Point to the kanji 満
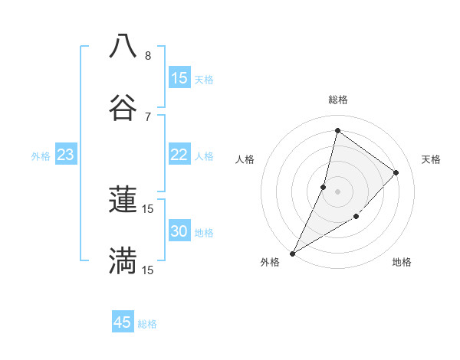123,260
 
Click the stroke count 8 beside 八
148,56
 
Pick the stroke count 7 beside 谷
148,116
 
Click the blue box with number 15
179,78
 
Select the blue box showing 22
179,155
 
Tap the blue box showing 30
179,231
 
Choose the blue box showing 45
123,322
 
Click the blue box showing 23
66,155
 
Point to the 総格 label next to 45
147,324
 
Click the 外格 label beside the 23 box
41,156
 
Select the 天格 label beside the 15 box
204,80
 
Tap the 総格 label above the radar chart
337,100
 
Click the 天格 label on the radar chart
431,159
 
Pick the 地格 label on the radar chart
402,262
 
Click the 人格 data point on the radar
324,187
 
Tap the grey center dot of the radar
337,191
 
